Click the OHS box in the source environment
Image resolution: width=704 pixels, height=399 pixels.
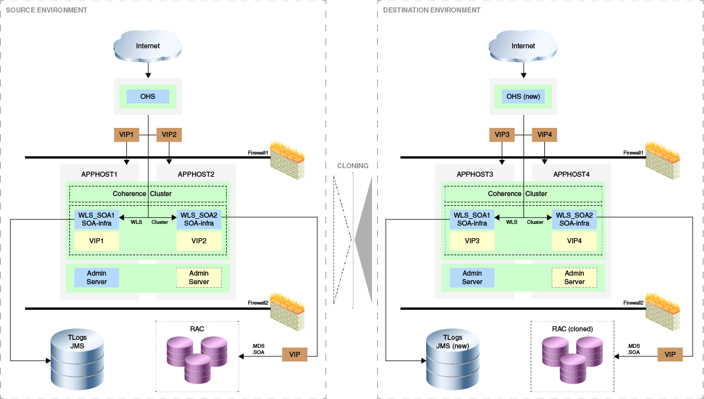[148, 97]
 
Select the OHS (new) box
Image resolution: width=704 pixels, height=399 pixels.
[523, 97]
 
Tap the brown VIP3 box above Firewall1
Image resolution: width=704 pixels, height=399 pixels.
[502, 135]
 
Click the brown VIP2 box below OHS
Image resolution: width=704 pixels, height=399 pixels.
[169, 135]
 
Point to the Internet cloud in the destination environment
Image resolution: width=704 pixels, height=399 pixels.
[523, 45]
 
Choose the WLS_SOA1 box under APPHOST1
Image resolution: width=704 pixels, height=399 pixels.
[96, 219]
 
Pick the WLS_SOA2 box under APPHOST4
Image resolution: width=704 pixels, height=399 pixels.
[574, 219]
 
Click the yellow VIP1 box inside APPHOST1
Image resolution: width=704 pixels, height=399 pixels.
[96, 241]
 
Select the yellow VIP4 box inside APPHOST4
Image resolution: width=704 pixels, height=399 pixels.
[574, 241]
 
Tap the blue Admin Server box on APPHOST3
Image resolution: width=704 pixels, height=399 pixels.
[472, 277]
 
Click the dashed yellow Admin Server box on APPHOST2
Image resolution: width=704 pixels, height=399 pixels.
[199, 277]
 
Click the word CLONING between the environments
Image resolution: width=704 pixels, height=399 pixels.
[352, 166]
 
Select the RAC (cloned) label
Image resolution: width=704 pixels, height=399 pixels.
[573, 329]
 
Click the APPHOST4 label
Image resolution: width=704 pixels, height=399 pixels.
[571, 174]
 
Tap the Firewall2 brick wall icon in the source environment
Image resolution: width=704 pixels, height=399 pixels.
[287, 307]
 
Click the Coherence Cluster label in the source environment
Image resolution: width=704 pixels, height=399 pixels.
[142, 194]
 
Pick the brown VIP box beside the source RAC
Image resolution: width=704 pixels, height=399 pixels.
[294, 355]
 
